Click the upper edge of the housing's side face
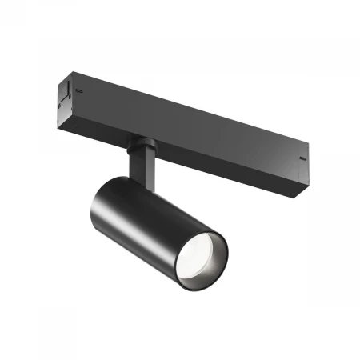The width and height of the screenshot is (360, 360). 200,103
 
